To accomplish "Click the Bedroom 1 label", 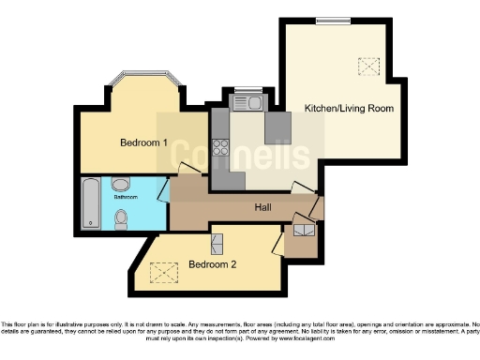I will point(143,143).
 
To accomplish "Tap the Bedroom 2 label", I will point(212,264).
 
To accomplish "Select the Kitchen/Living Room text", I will point(349,109).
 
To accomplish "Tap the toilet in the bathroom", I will point(121,219).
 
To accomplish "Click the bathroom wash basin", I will point(122,185).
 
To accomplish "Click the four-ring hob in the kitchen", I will point(222,146).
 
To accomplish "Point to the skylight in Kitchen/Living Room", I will point(368,66).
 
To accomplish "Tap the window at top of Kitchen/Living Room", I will point(330,20).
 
